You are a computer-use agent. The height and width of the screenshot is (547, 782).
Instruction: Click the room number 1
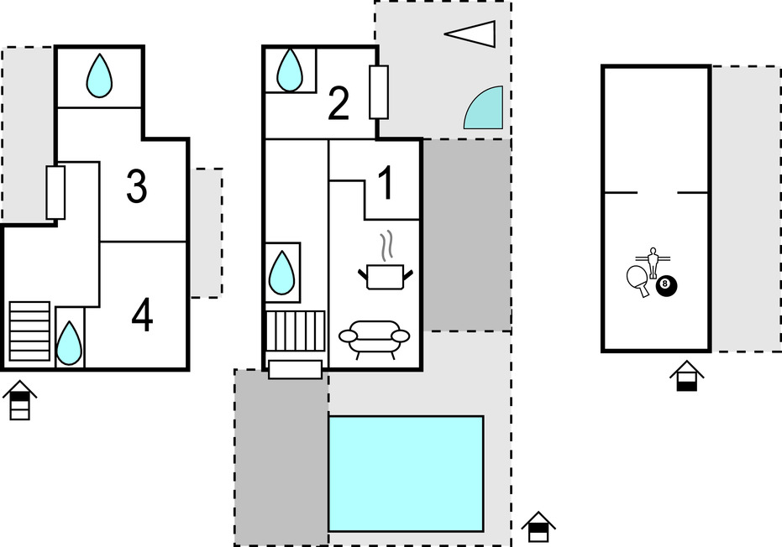[x=386, y=184]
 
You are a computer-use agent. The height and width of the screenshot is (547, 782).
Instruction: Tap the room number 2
[x=339, y=104]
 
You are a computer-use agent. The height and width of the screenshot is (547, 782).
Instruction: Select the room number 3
[x=137, y=187]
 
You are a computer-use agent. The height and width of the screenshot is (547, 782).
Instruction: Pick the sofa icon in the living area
[x=374, y=339]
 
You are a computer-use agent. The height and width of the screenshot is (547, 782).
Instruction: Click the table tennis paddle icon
[x=638, y=280]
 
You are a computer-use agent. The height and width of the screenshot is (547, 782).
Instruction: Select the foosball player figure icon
[x=653, y=262]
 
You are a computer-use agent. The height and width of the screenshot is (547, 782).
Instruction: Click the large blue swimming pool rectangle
[x=406, y=474]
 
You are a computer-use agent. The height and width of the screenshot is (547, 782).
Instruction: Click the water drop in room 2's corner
[x=289, y=70]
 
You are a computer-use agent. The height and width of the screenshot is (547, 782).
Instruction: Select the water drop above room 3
[x=99, y=76]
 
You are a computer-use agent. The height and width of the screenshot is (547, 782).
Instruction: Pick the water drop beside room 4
[x=69, y=343]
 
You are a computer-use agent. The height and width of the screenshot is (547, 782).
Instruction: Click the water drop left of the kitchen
[x=281, y=273]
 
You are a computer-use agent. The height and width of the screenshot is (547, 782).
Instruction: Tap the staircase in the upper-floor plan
[x=29, y=331]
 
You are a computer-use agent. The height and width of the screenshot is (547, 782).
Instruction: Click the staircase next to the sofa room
[x=296, y=331]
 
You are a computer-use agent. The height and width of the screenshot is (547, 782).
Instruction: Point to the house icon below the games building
[x=687, y=376]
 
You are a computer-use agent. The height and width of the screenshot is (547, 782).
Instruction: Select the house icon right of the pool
[x=538, y=527]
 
